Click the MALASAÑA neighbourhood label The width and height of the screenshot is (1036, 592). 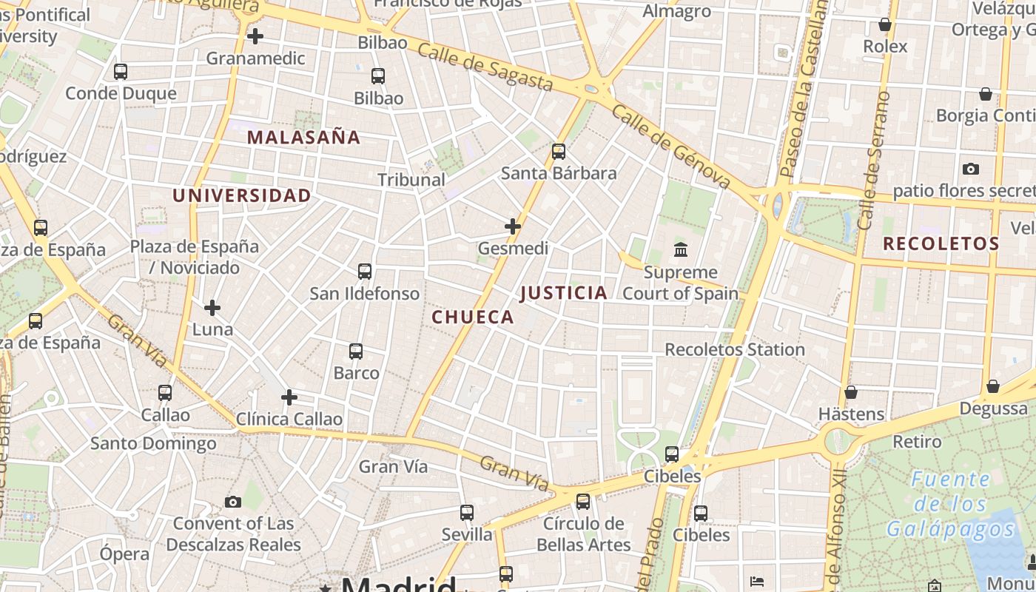coord(303,137)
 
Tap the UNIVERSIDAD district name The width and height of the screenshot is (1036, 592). coord(242,195)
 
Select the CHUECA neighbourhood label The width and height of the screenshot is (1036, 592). coord(472,317)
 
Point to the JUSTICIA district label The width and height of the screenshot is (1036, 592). coord(564,293)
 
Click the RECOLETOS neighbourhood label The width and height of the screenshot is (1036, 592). coord(941,243)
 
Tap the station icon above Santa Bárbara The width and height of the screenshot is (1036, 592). coord(559,152)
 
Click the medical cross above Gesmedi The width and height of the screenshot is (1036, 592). coord(513,226)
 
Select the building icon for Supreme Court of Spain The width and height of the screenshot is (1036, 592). coord(681,250)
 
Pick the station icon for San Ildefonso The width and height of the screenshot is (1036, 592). coord(365,272)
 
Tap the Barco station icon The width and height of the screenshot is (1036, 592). coord(356,351)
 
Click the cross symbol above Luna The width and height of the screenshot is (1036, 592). coord(212,307)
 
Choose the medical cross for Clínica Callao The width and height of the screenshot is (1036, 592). coord(289,397)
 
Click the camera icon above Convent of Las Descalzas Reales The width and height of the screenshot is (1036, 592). coord(233,502)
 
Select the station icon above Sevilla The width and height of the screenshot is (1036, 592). coord(467,512)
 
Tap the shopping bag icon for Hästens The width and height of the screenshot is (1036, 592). coord(851,391)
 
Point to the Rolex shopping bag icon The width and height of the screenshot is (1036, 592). coord(885,25)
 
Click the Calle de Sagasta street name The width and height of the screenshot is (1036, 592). coord(485,67)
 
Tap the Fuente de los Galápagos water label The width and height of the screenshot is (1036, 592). coord(951,504)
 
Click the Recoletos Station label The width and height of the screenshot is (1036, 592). coord(735,349)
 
